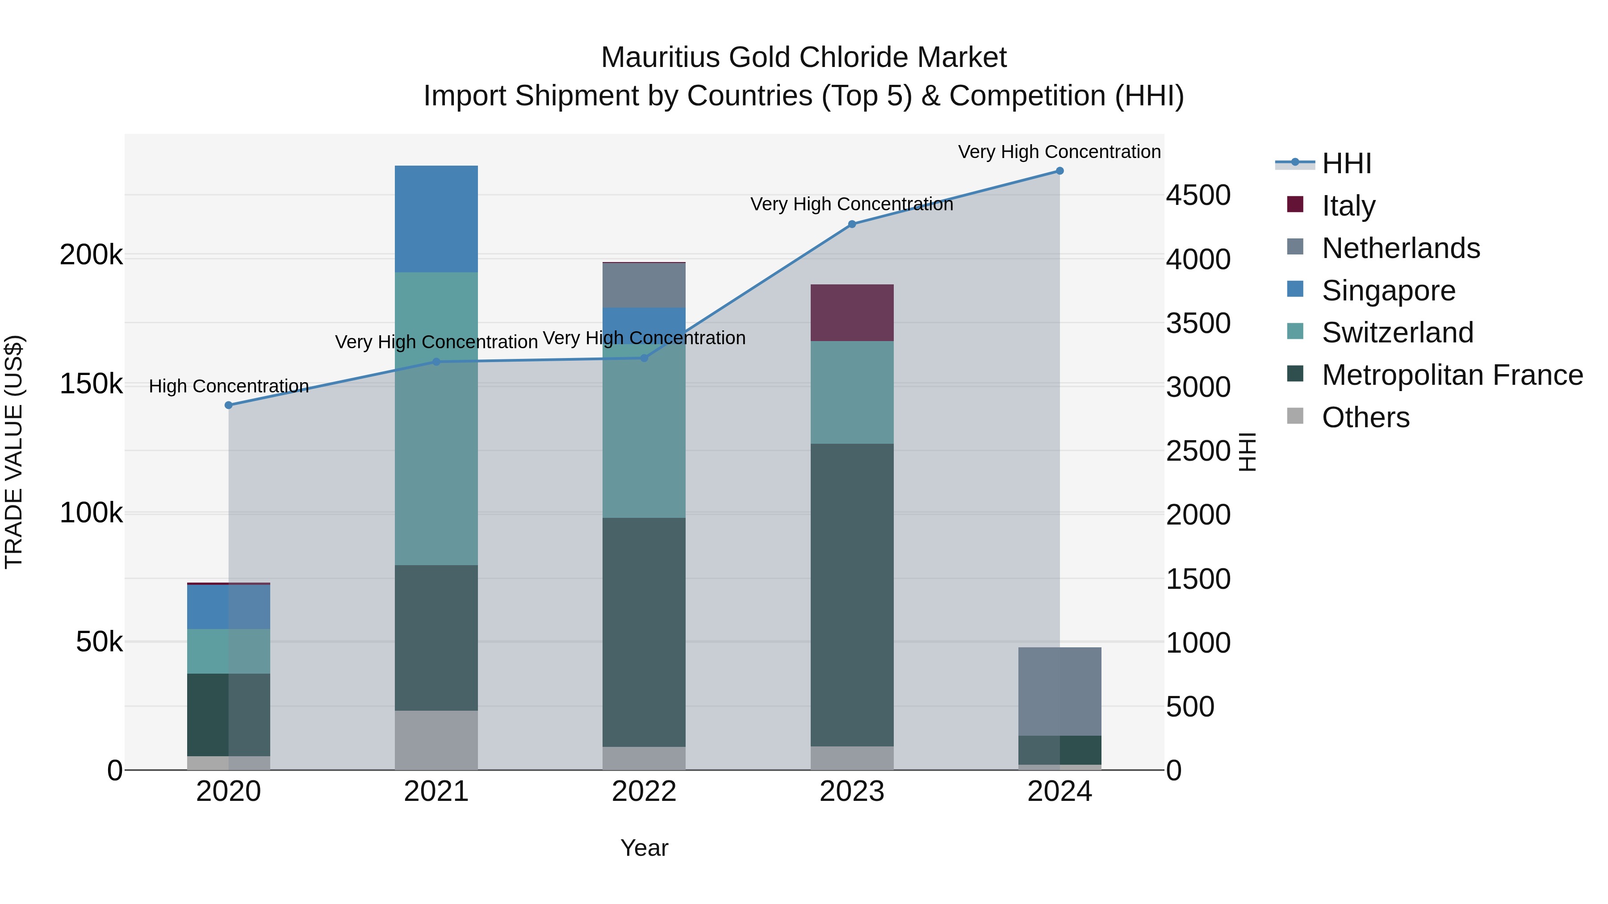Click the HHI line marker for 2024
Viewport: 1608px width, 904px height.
[x=1059, y=171]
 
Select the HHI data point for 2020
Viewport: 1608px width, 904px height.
[x=228, y=405]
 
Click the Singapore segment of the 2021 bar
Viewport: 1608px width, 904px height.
[x=436, y=219]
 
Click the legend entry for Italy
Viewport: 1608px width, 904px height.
[x=1348, y=205]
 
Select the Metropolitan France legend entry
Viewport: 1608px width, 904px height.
[x=1452, y=375]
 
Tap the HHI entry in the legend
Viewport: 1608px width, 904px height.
[x=1346, y=163]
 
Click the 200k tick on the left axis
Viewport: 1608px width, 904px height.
[x=91, y=255]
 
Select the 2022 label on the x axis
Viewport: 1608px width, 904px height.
[x=644, y=792]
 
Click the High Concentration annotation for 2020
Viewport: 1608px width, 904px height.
[x=228, y=386]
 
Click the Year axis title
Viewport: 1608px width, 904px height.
[x=644, y=848]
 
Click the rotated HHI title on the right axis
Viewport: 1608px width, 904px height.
[x=1247, y=452]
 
